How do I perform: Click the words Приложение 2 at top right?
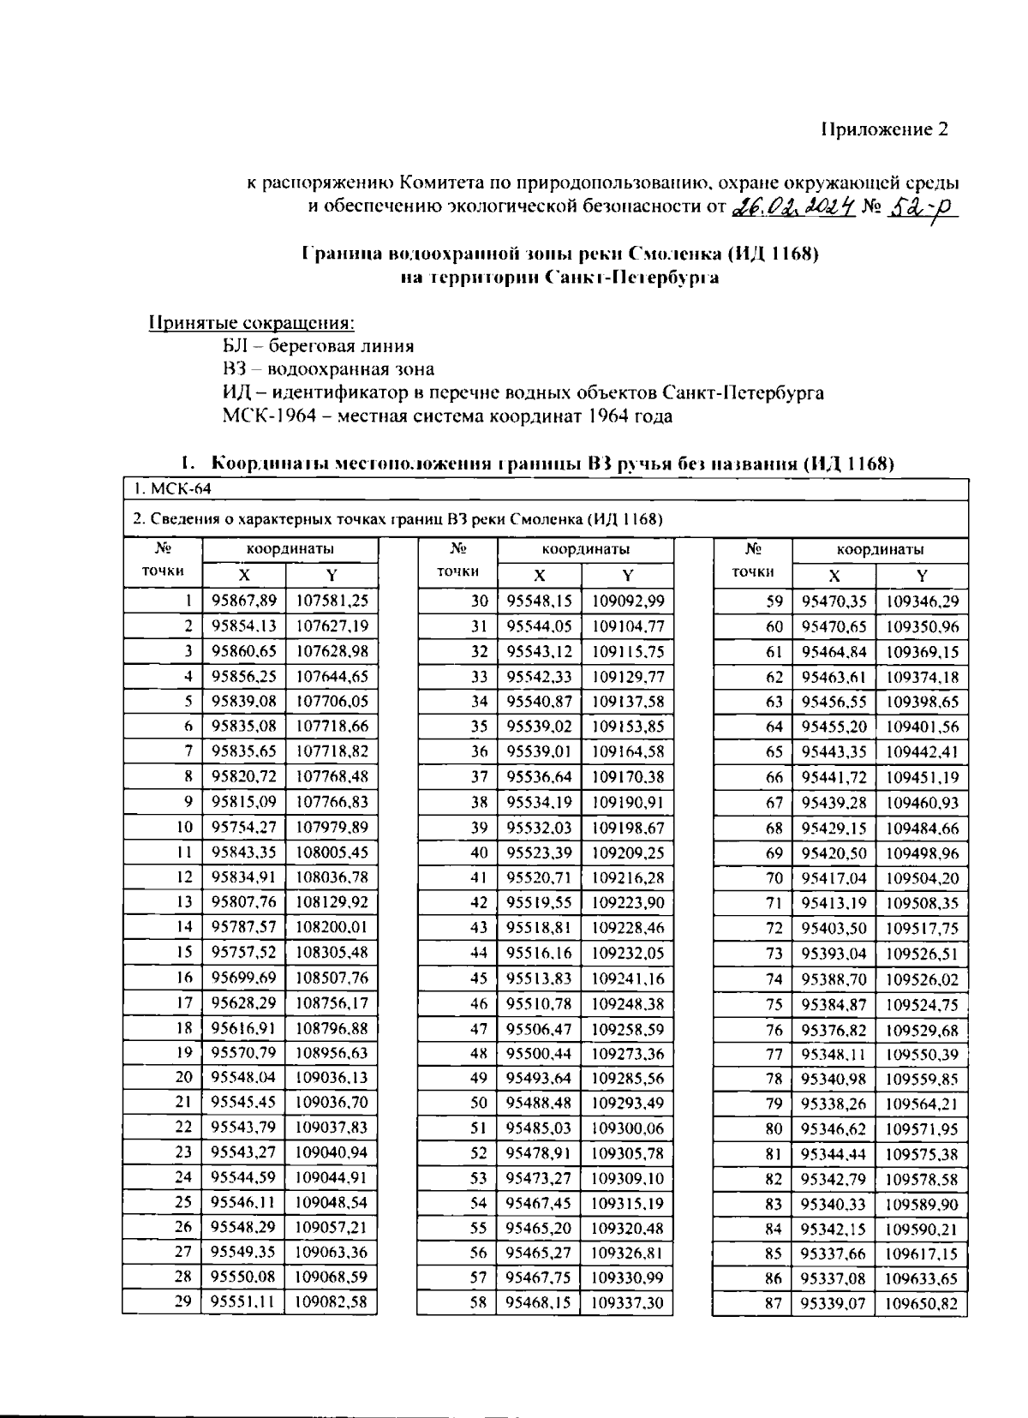point(884,129)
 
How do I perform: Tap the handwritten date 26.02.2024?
point(793,206)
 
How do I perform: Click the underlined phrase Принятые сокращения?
point(252,324)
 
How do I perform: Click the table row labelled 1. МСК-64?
point(172,488)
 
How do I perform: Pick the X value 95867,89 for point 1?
point(244,601)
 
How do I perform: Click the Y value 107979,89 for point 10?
point(332,828)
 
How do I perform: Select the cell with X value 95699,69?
point(244,978)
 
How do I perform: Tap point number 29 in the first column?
point(183,1304)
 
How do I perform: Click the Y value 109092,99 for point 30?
point(628,601)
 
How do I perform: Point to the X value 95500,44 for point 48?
point(539,1054)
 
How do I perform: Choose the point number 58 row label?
point(478,1304)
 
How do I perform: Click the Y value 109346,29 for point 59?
point(922,601)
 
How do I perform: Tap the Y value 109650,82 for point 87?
point(922,1304)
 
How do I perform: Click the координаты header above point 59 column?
point(880,549)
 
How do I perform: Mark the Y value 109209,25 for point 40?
point(628,853)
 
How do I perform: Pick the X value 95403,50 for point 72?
point(834,928)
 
